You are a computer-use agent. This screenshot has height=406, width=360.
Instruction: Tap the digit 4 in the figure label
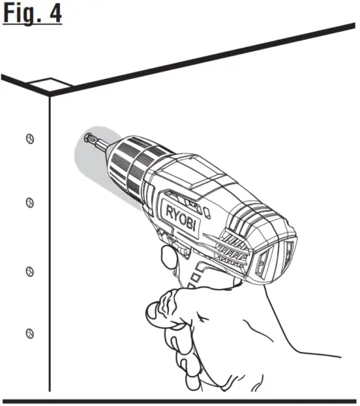point(53,15)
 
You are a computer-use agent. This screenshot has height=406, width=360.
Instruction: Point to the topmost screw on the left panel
point(29,138)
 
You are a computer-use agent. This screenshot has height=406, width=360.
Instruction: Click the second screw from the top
point(29,201)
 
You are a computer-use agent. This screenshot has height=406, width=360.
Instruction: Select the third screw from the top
point(29,269)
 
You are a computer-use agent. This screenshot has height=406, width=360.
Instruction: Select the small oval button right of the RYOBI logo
point(210,210)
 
